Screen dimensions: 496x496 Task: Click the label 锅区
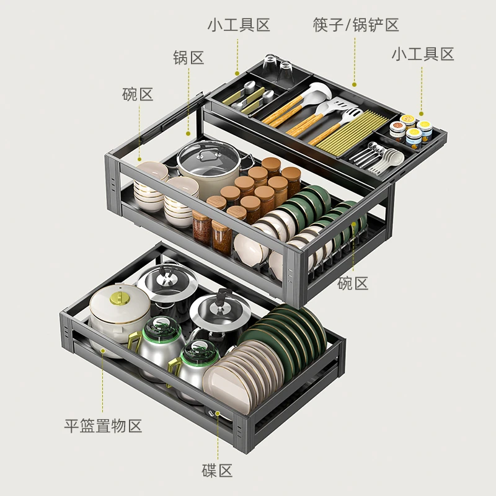tap(188, 58)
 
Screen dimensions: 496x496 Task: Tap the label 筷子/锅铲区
tap(356, 25)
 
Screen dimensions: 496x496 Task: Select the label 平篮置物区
tap(103, 426)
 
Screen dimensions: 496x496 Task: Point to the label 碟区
tap(217, 471)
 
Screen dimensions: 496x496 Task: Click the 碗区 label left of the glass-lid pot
tap(138, 94)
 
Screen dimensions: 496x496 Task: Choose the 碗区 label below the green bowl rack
tap(353, 283)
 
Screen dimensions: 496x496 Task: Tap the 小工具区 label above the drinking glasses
tap(239, 25)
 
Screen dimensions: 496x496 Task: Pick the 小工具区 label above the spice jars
tap(423, 54)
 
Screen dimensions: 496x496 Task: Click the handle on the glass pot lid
tap(206, 155)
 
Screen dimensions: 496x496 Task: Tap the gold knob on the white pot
tap(120, 298)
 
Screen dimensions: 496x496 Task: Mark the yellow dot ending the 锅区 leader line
tap(188, 134)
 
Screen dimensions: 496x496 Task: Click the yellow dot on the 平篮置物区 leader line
tap(102, 351)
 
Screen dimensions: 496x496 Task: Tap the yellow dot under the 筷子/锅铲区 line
tap(354, 84)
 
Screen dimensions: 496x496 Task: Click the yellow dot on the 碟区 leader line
tap(218, 413)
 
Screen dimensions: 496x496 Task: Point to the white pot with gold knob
tap(119, 318)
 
